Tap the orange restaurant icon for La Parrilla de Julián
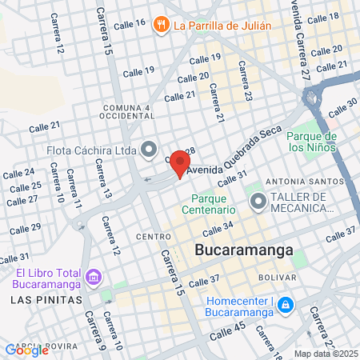(161, 25)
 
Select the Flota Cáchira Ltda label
(99, 149)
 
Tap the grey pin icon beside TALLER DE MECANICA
(257, 202)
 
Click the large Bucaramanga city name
(243, 251)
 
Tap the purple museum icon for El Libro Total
(94, 278)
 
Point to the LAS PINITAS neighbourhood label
(46, 298)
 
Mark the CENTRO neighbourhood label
(154, 237)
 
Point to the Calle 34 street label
(218, 230)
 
